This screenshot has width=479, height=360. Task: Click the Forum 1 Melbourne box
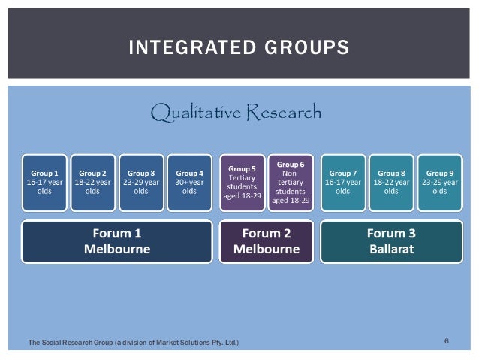point(116,241)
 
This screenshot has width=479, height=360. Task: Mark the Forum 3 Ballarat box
point(391,241)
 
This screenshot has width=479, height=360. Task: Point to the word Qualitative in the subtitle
point(194,113)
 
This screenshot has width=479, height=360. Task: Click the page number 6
point(447,342)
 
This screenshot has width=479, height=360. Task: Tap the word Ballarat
point(391,249)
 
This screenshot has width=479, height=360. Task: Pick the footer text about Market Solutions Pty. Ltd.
point(133,343)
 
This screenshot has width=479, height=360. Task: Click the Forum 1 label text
point(116,233)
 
